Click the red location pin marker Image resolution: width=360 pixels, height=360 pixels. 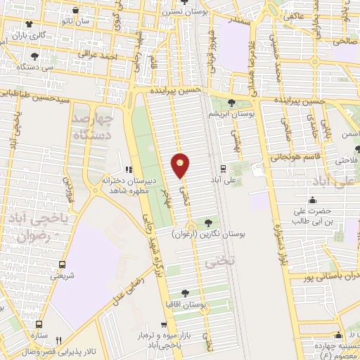click(181, 165)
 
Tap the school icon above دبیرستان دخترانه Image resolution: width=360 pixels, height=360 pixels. click(128, 169)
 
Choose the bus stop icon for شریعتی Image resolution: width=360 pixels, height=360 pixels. click(63, 265)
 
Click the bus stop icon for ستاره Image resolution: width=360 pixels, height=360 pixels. click(38, 324)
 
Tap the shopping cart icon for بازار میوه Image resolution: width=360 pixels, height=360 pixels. click(164, 326)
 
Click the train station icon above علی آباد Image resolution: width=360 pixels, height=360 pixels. click(223, 168)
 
